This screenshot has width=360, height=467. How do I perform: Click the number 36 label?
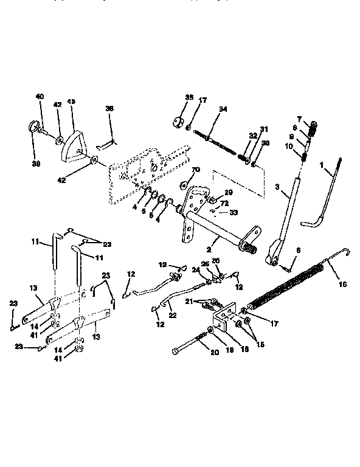[109, 109]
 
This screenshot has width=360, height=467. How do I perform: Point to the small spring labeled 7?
[314, 129]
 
